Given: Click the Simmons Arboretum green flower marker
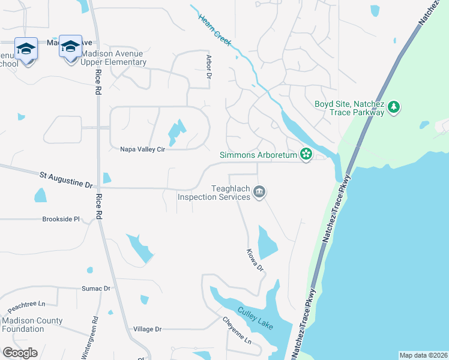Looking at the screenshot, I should [x=306, y=154].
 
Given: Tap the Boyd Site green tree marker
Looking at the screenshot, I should [x=394, y=107].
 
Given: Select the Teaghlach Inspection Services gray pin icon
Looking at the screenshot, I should [x=259, y=192].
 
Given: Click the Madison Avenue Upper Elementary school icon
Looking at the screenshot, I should [x=70, y=46].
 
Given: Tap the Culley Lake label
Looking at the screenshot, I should [x=255, y=318].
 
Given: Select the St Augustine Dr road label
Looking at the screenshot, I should [x=67, y=178].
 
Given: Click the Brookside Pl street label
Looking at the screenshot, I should [x=61, y=220].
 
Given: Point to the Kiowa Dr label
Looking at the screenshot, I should [x=255, y=260].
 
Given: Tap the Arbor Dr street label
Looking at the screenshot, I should [x=209, y=67].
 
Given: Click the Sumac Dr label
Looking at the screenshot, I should [x=96, y=289].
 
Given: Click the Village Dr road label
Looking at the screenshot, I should [x=148, y=329].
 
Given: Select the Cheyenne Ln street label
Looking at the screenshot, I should [x=237, y=331].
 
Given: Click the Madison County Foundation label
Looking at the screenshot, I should [x=32, y=325].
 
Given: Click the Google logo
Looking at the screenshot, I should [x=20, y=353].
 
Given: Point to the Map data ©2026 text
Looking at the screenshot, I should [x=423, y=355].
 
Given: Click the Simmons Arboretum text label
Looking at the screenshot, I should [x=259, y=155].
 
